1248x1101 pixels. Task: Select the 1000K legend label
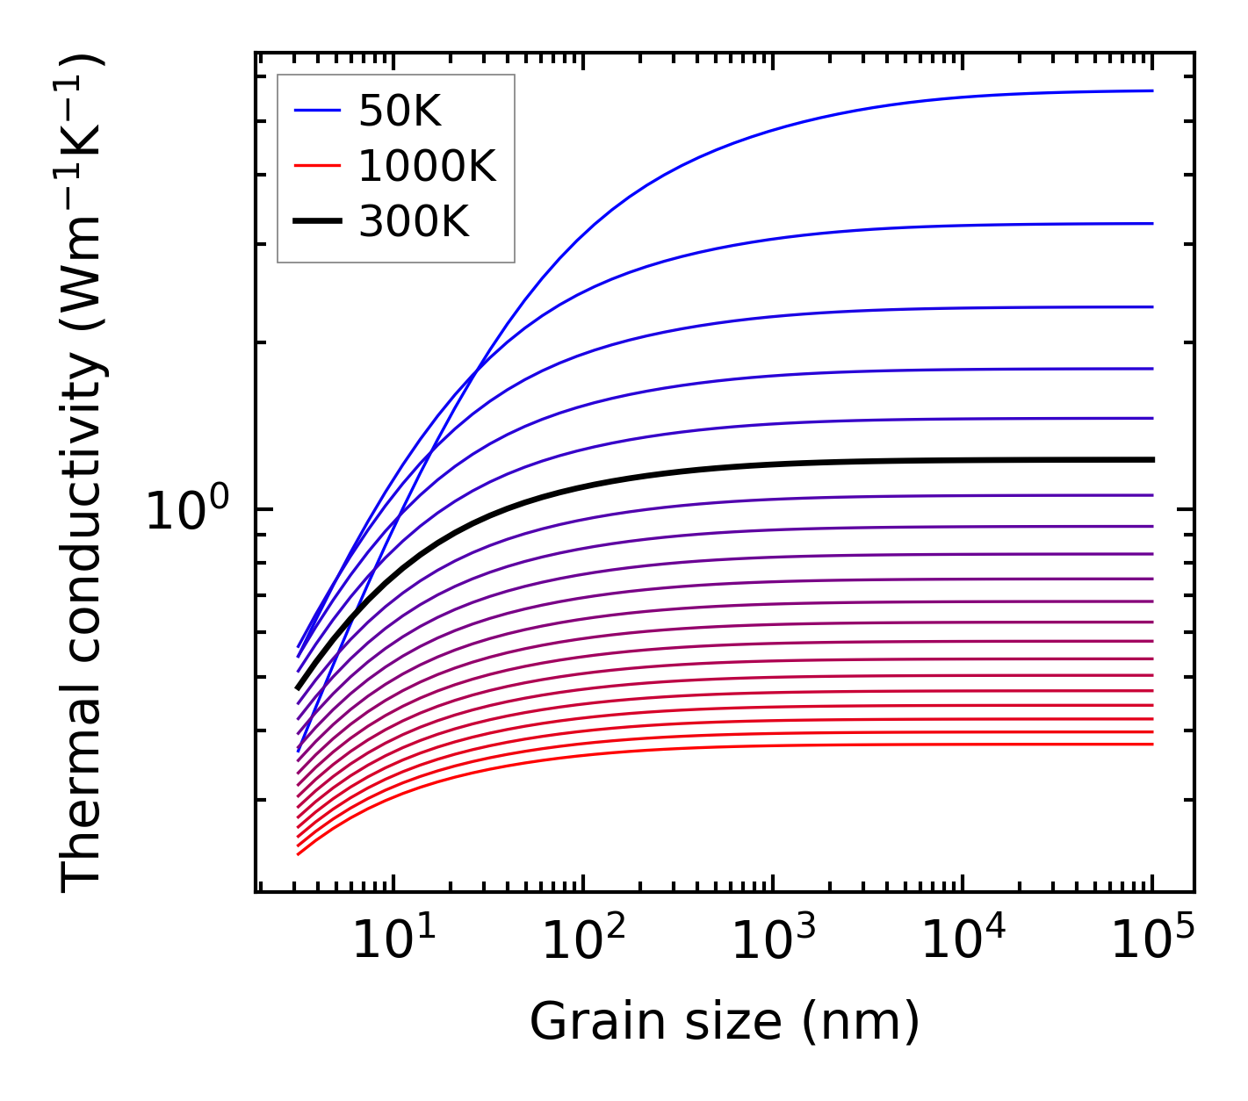[427, 167]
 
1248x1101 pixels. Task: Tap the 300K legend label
[414, 223]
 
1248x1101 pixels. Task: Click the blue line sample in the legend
[317, 111]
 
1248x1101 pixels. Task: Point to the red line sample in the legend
[317, 166]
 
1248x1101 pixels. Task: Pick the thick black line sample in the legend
[317, 222]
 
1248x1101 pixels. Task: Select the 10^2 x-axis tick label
[582, 941]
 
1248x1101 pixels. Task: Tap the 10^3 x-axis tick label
[772, 941]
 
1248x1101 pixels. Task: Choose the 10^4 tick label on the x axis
[962, 941]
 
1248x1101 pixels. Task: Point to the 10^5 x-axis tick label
[1151, 941]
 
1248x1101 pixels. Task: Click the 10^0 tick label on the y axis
[187, 510]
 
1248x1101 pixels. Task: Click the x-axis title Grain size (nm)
[725, 1022]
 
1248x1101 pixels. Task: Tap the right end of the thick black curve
[1152, 459]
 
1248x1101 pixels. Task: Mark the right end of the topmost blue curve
[1152, 90]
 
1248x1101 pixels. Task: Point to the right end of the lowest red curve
[1152, 745]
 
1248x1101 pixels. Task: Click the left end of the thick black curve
[299, 688]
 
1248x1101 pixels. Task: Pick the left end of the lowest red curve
[299, 853]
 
